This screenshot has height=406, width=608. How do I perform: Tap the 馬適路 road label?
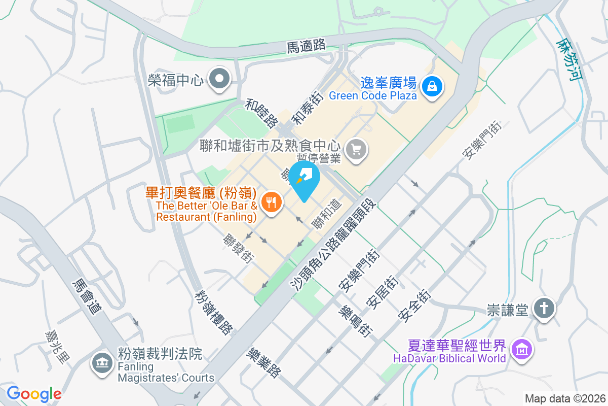pos(306,46)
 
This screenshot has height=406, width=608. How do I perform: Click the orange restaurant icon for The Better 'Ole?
pos(271,203)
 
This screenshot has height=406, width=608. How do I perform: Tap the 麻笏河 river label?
pos(568,60)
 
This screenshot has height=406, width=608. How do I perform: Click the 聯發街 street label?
pos(239,248)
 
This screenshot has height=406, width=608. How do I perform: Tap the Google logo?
pos(34,393)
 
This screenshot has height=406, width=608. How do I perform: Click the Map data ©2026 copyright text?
pos(564,398)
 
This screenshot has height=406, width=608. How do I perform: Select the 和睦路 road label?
pos(261,113)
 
